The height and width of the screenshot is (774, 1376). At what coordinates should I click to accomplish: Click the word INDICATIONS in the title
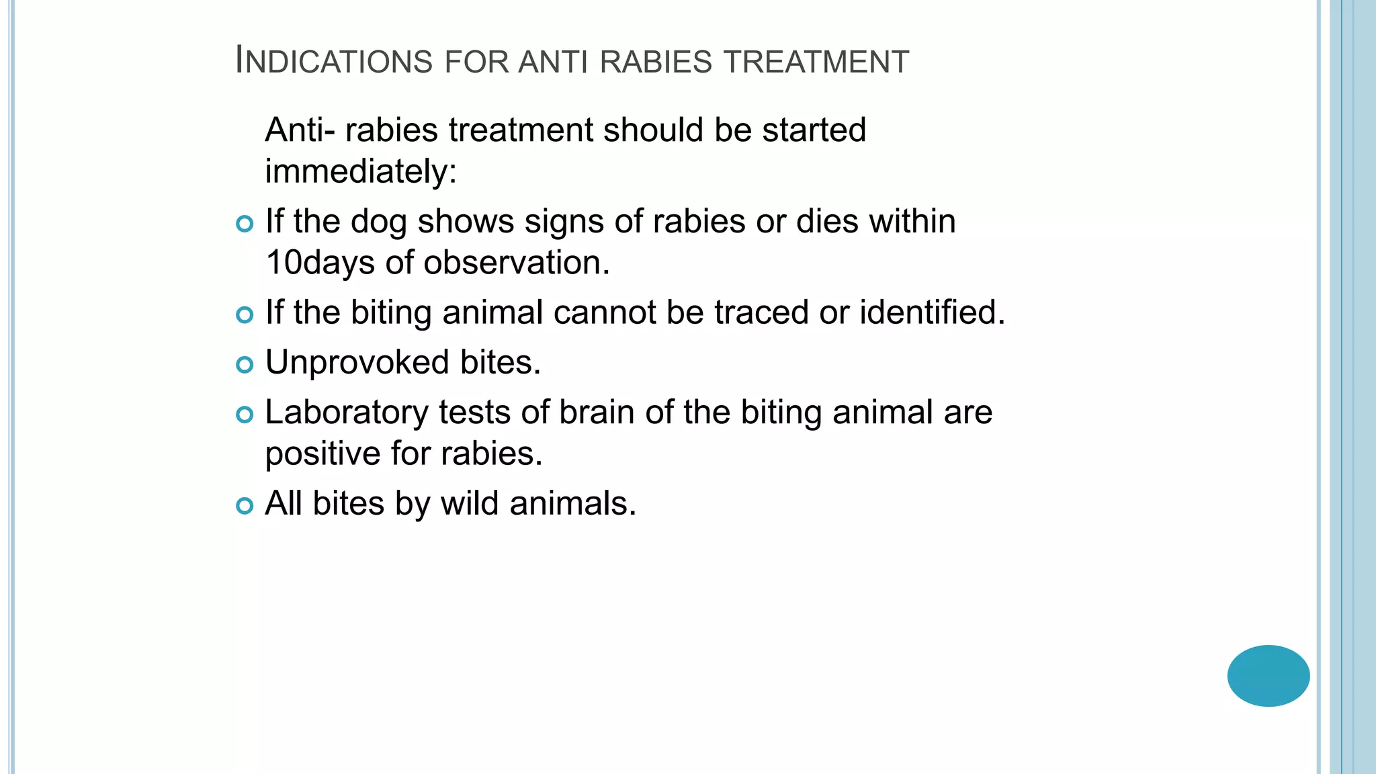click(x=334, y=61)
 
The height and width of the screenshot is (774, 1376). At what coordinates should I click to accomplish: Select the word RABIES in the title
click(x=655, y=61)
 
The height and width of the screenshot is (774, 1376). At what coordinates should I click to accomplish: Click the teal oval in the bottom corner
click(x=1268, y=675)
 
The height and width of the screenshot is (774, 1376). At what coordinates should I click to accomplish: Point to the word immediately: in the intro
click(x=361, y=171)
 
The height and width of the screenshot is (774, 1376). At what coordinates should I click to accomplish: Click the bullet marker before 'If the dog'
click(x=245, y=223)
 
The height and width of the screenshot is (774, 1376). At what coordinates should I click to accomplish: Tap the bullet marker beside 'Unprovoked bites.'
click(x=245, y=365)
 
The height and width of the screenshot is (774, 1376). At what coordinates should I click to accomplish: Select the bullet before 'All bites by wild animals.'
click(x=245, y=505)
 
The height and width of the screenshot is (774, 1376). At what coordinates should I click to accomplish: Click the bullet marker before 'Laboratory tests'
click(x=245, y=415)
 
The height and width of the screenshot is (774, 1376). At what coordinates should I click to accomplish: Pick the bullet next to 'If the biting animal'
click(x=245, y=314)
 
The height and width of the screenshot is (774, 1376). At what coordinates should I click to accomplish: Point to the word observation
click(x=517, y=263)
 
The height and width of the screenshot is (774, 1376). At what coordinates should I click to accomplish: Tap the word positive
click(x=322, y=454)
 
